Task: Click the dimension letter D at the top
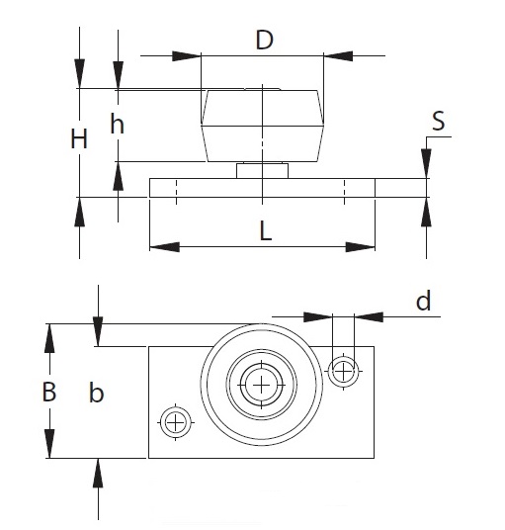[x=264, y=40]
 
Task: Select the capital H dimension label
[x=79, y=138]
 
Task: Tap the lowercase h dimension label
[x=117, y=124]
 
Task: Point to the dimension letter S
[x=439, y=121]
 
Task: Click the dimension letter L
[x=266, y=230]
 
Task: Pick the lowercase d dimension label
[x=423, y=301]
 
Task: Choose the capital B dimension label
[x=49, y=392]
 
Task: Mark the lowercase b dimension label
[x=96, y=393]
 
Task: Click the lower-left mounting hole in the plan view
[x=176, y=422]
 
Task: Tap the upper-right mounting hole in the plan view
[x=343, y=372]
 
